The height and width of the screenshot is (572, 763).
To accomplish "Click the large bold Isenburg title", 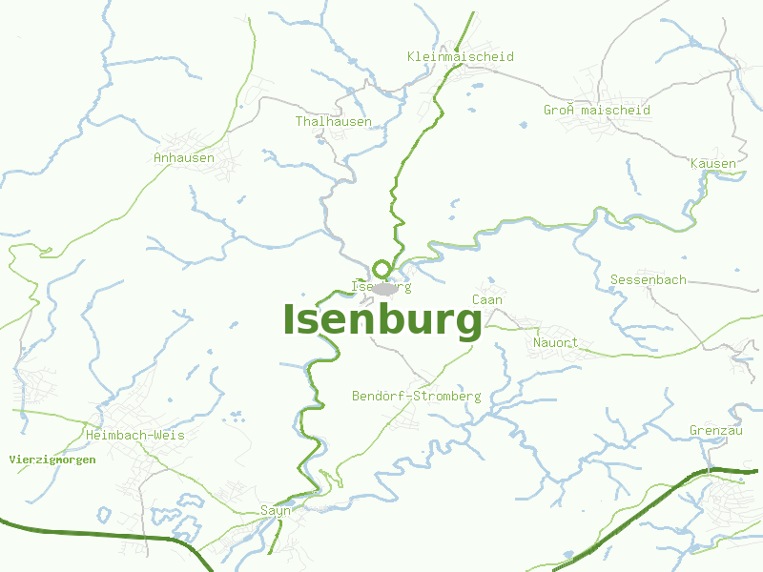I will (382, 321).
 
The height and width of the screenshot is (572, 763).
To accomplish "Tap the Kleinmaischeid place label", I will (460, 56).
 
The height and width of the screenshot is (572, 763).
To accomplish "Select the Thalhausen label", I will (333, 121).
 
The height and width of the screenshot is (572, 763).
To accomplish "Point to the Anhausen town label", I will (184, 157).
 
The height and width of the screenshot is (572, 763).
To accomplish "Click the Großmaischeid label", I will (597, 110).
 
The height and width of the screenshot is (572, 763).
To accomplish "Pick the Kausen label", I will (713, 163).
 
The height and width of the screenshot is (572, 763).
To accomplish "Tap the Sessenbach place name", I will (648, 279).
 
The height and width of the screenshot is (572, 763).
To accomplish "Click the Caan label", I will (487, 299).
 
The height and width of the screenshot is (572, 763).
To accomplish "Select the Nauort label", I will (555, 342).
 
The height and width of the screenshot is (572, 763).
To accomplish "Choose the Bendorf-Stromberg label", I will (416, 396).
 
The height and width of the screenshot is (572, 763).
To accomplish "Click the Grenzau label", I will (715, 430).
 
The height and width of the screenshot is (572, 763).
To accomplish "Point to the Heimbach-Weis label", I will (134, 435).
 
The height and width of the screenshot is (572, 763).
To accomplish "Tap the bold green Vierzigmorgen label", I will (52, 460).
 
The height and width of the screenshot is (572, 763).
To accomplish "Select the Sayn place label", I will (275, 511).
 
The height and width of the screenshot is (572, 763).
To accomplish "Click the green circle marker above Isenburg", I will (381, 269).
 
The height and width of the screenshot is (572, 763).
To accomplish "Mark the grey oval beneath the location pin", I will (384, 288).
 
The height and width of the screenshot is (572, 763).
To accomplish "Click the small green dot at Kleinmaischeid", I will (457, 49).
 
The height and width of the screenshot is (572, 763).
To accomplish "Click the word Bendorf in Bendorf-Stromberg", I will (378, 396).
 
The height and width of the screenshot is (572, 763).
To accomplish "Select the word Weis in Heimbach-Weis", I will (169, 435).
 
